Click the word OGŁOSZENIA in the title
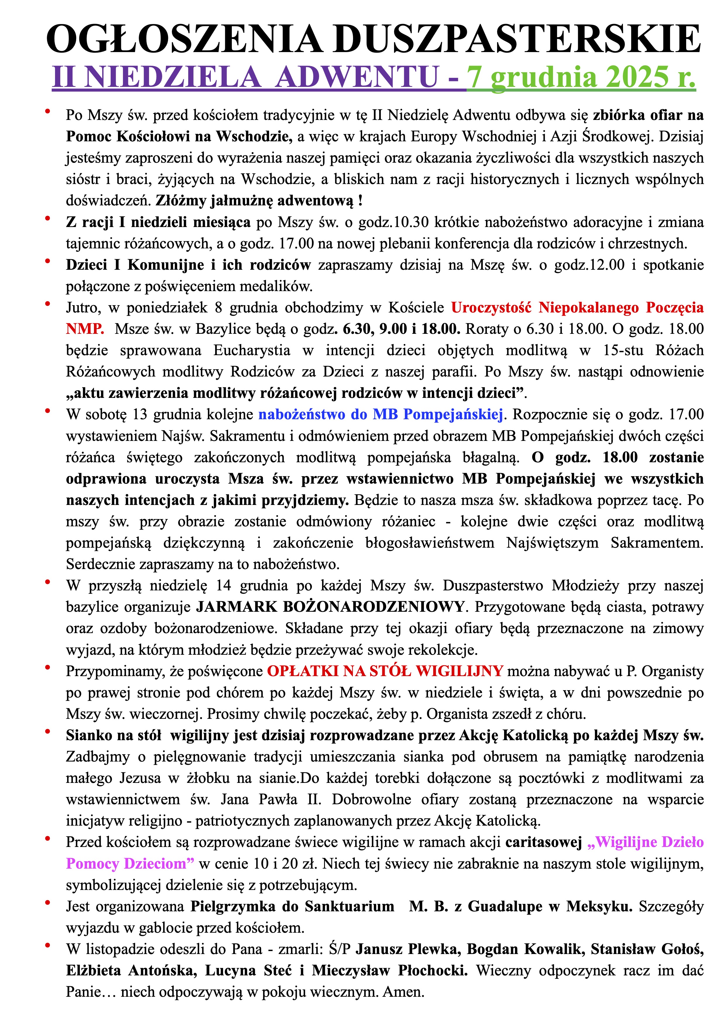click(x=184, y=40)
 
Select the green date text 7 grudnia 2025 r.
click(x=581, y=77)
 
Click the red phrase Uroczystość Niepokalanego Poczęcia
click(x=577, y=307)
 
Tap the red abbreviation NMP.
click(x=85, y=329)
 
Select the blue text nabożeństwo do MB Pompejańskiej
click(x=381, y=414)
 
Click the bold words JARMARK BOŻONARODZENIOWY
click(x=331, y=607)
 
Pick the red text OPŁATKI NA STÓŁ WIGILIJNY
click(x=385, y=671)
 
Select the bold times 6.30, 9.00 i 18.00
click(x=401, y=329)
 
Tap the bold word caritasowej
click(x=544, y=842)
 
